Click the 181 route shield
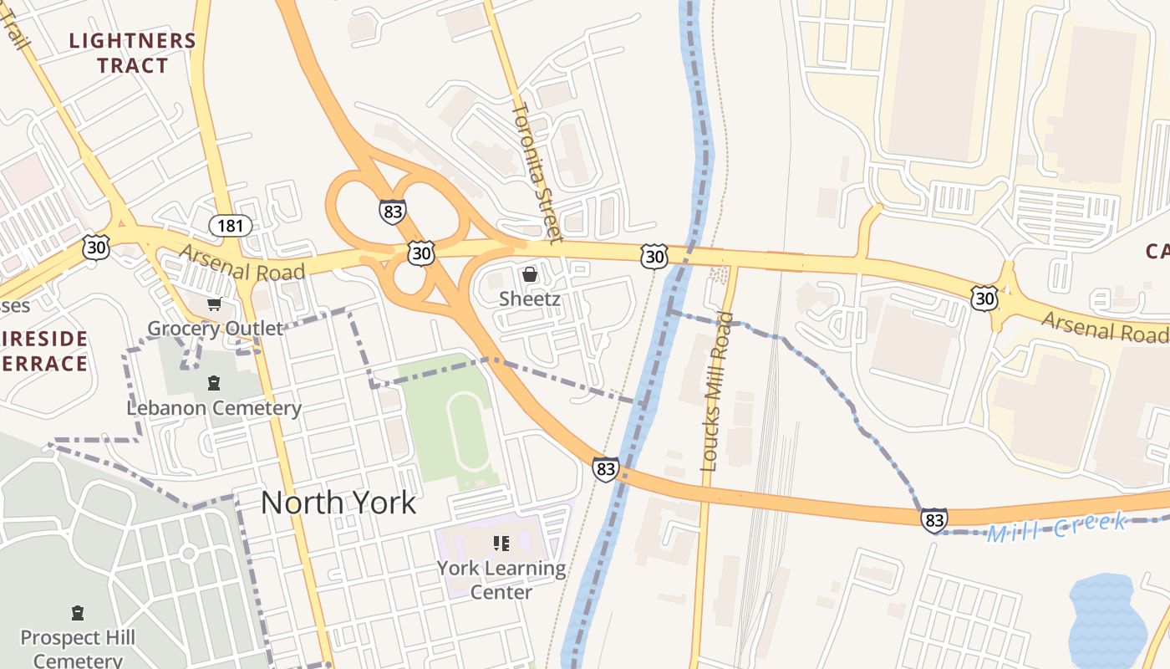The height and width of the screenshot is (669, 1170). pos(231,225)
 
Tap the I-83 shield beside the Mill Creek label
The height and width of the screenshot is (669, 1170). pos(934,520)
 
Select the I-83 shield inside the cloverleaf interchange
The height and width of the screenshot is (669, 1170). pos(392,211)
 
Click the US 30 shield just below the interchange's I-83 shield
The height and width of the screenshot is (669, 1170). pos(421,253)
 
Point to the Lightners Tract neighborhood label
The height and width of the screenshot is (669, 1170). pos(132,53)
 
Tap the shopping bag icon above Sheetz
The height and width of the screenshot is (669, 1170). pos(529,274)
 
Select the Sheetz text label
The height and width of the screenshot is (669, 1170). pos(529,299)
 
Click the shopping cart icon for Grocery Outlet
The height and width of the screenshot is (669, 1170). pos(215,305)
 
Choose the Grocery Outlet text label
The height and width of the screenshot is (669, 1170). pos(216,329)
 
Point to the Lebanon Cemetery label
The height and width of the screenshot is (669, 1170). pos(214,408)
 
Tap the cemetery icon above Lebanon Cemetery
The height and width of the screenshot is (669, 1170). pos(214,384)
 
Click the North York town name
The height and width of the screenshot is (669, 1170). pos(338,503)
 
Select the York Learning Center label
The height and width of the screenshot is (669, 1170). pos(501,580)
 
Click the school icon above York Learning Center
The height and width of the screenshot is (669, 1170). pos(501,544)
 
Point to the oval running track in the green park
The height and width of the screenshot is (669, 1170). pos(470,432)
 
